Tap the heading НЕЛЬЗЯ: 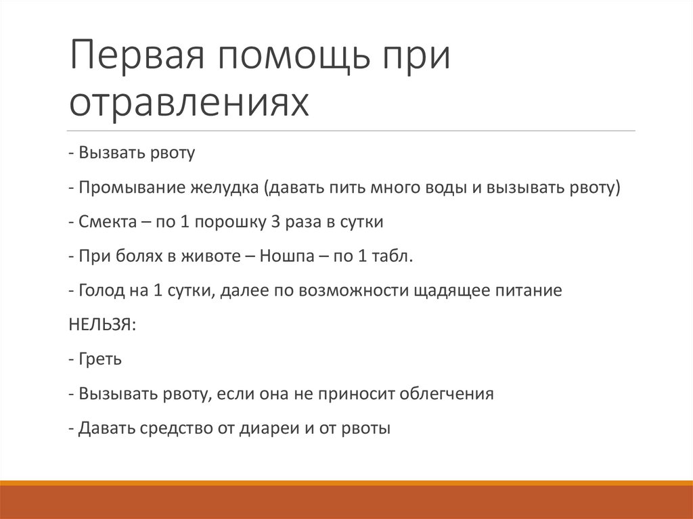click(x=102, y=325)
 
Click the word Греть click(x=100, y=359)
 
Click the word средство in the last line click(x=175, y=428)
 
